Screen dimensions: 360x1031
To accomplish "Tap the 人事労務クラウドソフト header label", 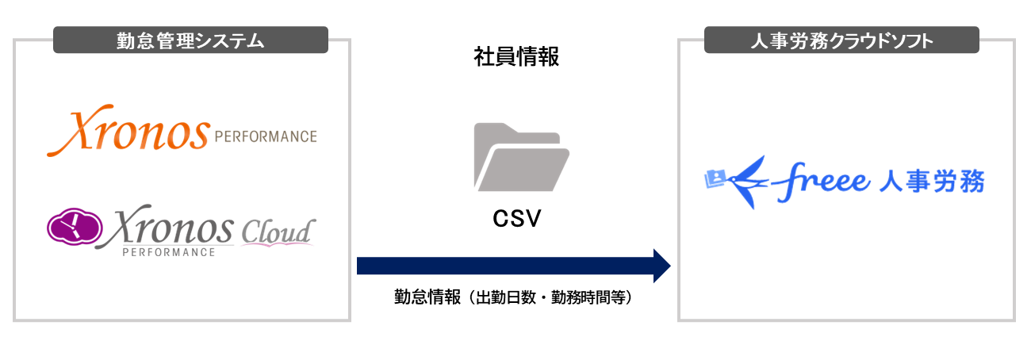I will [841, 40].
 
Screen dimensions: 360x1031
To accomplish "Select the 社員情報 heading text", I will [516, 58].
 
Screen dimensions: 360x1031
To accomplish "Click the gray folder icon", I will [521, 157].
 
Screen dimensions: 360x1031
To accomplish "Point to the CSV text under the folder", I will [516, 219].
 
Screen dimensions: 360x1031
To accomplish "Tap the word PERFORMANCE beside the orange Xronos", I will [266, 137].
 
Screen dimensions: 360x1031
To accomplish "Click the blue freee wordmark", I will [820, 183].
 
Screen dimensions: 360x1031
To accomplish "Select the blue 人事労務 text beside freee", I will [931, 182].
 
